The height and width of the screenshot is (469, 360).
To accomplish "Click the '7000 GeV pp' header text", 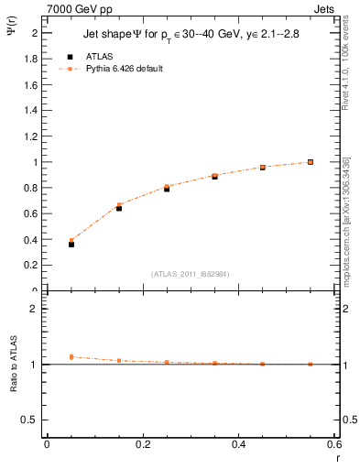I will [74, 8].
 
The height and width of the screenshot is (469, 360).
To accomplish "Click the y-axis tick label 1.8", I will [31, 59].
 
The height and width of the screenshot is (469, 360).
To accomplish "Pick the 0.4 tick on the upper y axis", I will [31, 239].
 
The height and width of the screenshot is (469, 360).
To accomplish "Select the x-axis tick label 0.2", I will [143, 444].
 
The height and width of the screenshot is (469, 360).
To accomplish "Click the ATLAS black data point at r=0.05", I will [71, 245].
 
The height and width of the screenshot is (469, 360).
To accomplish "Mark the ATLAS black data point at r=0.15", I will [119, 208].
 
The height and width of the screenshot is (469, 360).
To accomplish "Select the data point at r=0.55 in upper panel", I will [311, 162].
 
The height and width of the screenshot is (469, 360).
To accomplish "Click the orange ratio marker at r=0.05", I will [71, 356].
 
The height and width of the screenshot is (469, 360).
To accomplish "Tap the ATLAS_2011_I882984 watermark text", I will [190, 274].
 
